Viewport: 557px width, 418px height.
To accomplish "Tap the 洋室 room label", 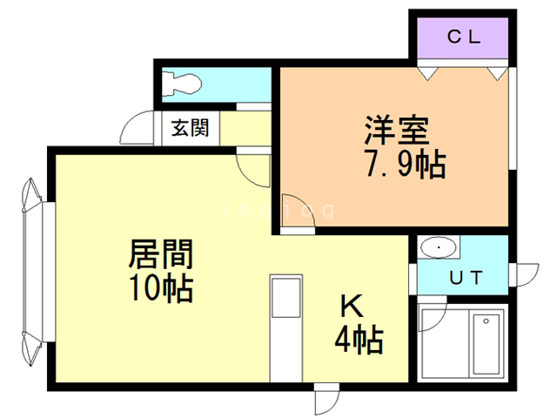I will (396, 132).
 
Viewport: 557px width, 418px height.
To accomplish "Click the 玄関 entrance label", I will (189, 128).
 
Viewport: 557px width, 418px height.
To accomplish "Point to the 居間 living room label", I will (161, 255).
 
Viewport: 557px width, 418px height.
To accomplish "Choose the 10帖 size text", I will (161, 287).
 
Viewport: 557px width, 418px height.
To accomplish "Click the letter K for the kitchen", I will (351, 307).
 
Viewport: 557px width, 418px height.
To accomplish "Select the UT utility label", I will (466, 279).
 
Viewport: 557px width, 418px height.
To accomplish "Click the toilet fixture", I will (185, 84).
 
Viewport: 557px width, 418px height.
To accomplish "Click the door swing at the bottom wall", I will (328, 400).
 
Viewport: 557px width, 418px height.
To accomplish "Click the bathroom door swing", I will (433, 317).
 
